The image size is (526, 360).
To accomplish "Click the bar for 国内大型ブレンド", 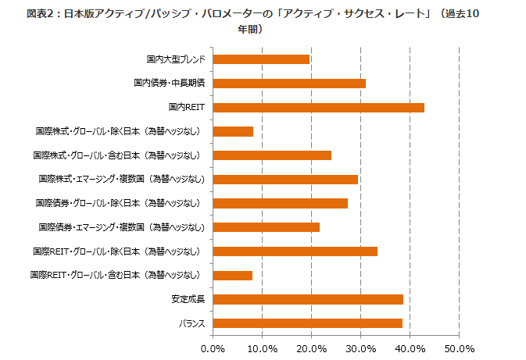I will (261, 59).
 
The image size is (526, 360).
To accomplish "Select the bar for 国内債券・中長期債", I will (289, 84).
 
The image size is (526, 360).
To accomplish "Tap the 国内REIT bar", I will (318, 107).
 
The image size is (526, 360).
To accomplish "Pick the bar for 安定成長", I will (308, 299).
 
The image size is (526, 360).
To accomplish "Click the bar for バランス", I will (307, 323).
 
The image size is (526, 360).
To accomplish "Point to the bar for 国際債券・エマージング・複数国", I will (266, 227).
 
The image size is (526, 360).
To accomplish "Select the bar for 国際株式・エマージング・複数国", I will (285, 180).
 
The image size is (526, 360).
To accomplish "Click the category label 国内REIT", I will (186, 107).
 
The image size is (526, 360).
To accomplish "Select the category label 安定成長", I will (188, 299).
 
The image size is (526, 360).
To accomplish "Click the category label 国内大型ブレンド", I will (175, 59).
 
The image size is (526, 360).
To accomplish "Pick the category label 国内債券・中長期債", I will (169, 84).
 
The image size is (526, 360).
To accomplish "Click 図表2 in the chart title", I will (40, 14).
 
